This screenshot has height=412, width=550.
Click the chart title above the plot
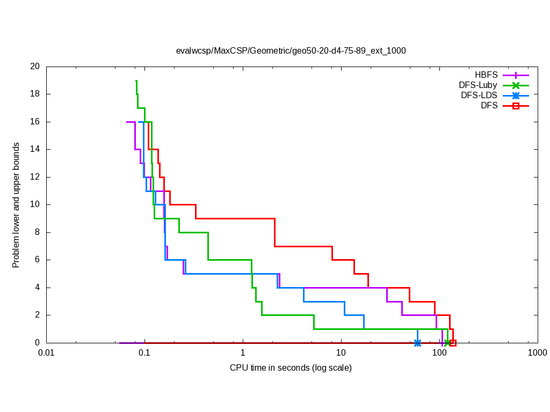coord(291,51)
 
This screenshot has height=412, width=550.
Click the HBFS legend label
coord(486,75)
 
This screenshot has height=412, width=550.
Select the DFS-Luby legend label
coord(478,85)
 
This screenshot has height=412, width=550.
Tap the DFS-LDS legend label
coord(479,95)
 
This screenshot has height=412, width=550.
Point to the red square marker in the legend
coord(516,106)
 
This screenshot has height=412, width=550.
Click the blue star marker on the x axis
coord(417,343)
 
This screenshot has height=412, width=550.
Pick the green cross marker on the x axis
coord(447,343)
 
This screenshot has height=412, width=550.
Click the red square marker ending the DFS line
coord(453,343)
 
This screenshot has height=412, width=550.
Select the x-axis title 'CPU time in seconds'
coord(291,367)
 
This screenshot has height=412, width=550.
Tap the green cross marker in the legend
coord(516,85)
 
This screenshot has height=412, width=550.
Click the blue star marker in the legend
coord(516,95)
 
